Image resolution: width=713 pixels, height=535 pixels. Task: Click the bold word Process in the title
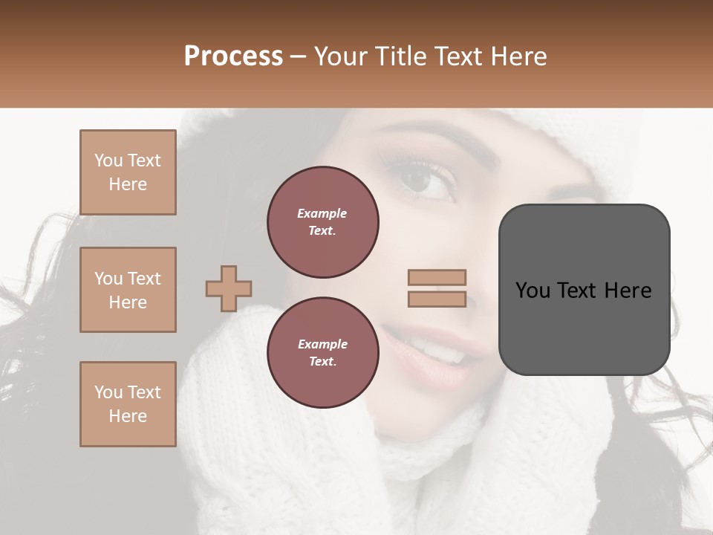(233, 56)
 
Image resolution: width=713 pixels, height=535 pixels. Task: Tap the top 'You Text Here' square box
(128, 172)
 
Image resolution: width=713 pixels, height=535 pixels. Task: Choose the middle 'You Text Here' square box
(128, 290)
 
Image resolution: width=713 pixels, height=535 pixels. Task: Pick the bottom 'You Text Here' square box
(128, 404)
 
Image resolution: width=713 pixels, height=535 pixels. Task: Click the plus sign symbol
(229, 288)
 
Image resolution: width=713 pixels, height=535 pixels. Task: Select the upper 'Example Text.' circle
(322, 222)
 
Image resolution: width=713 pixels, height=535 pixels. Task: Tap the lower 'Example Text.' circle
(322, 353)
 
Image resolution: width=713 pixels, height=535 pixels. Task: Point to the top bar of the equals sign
(437, 277)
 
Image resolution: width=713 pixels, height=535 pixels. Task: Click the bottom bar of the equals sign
(437, 299)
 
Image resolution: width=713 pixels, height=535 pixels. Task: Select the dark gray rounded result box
(584, 290)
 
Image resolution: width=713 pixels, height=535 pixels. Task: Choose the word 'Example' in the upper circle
(322, 213)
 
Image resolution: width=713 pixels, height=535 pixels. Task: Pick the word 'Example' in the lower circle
(322, 344)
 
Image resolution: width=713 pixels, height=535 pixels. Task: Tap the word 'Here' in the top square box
(128, 184)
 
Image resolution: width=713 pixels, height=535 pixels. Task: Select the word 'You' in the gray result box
(533, 291)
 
